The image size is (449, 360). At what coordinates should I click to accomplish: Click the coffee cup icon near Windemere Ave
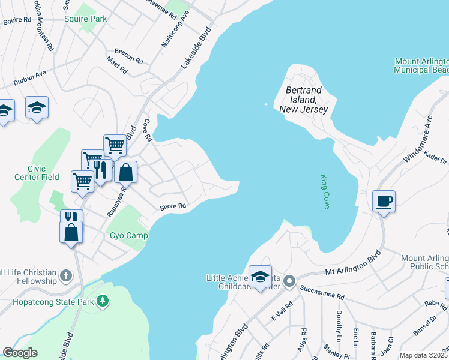pyautogui.click(x=383, y=200)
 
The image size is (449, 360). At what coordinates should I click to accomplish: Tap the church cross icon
pyautogui.click(x=66, y=277)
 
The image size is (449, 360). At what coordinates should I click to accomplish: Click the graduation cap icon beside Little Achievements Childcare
pyautogui.click(x=260, y=277)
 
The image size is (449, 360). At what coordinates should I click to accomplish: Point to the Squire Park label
pyautogui.click(x=85, y=19)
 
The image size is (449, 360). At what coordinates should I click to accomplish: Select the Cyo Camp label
pyautogui.click(x=128, y=235)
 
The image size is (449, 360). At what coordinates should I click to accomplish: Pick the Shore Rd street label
pyautogui.click(x=173, y=207)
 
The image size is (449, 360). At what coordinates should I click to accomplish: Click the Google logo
pyautogui.click(x=20, y=353)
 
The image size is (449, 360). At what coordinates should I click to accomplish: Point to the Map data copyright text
pyautogui.click(x=424, y=355)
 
